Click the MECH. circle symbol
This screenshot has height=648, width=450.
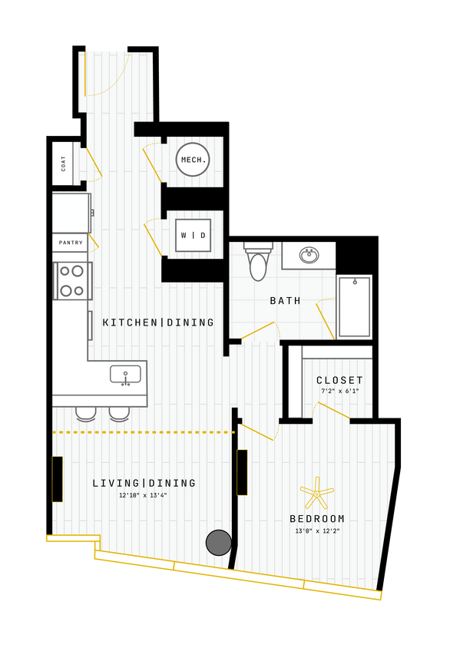[192, 160]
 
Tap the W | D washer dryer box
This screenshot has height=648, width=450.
[193, 235]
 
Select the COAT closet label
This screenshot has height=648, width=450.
[63, 164]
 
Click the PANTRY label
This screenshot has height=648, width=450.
[71, 243]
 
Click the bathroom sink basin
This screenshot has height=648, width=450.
[309, 255]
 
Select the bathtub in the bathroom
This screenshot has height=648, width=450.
[354, 306]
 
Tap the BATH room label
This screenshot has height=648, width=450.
[285, 301]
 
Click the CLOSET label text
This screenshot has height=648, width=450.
[339, 380]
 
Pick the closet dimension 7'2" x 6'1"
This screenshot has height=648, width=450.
[339, 392]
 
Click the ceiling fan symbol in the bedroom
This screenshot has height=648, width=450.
[316, 492]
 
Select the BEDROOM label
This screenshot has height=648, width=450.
[317, 519]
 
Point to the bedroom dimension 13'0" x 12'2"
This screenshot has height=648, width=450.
[317, 531]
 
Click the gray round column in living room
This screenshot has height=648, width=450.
[219, 542]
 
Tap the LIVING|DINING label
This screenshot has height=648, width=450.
[144, 483]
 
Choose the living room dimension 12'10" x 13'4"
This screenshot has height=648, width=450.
[144, 495]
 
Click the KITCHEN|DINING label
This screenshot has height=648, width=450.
[158, 322]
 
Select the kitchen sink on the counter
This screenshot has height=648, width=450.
[125, 375]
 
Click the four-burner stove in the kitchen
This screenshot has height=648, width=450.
[72, 281]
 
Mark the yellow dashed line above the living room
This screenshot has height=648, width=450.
[143, 432]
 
